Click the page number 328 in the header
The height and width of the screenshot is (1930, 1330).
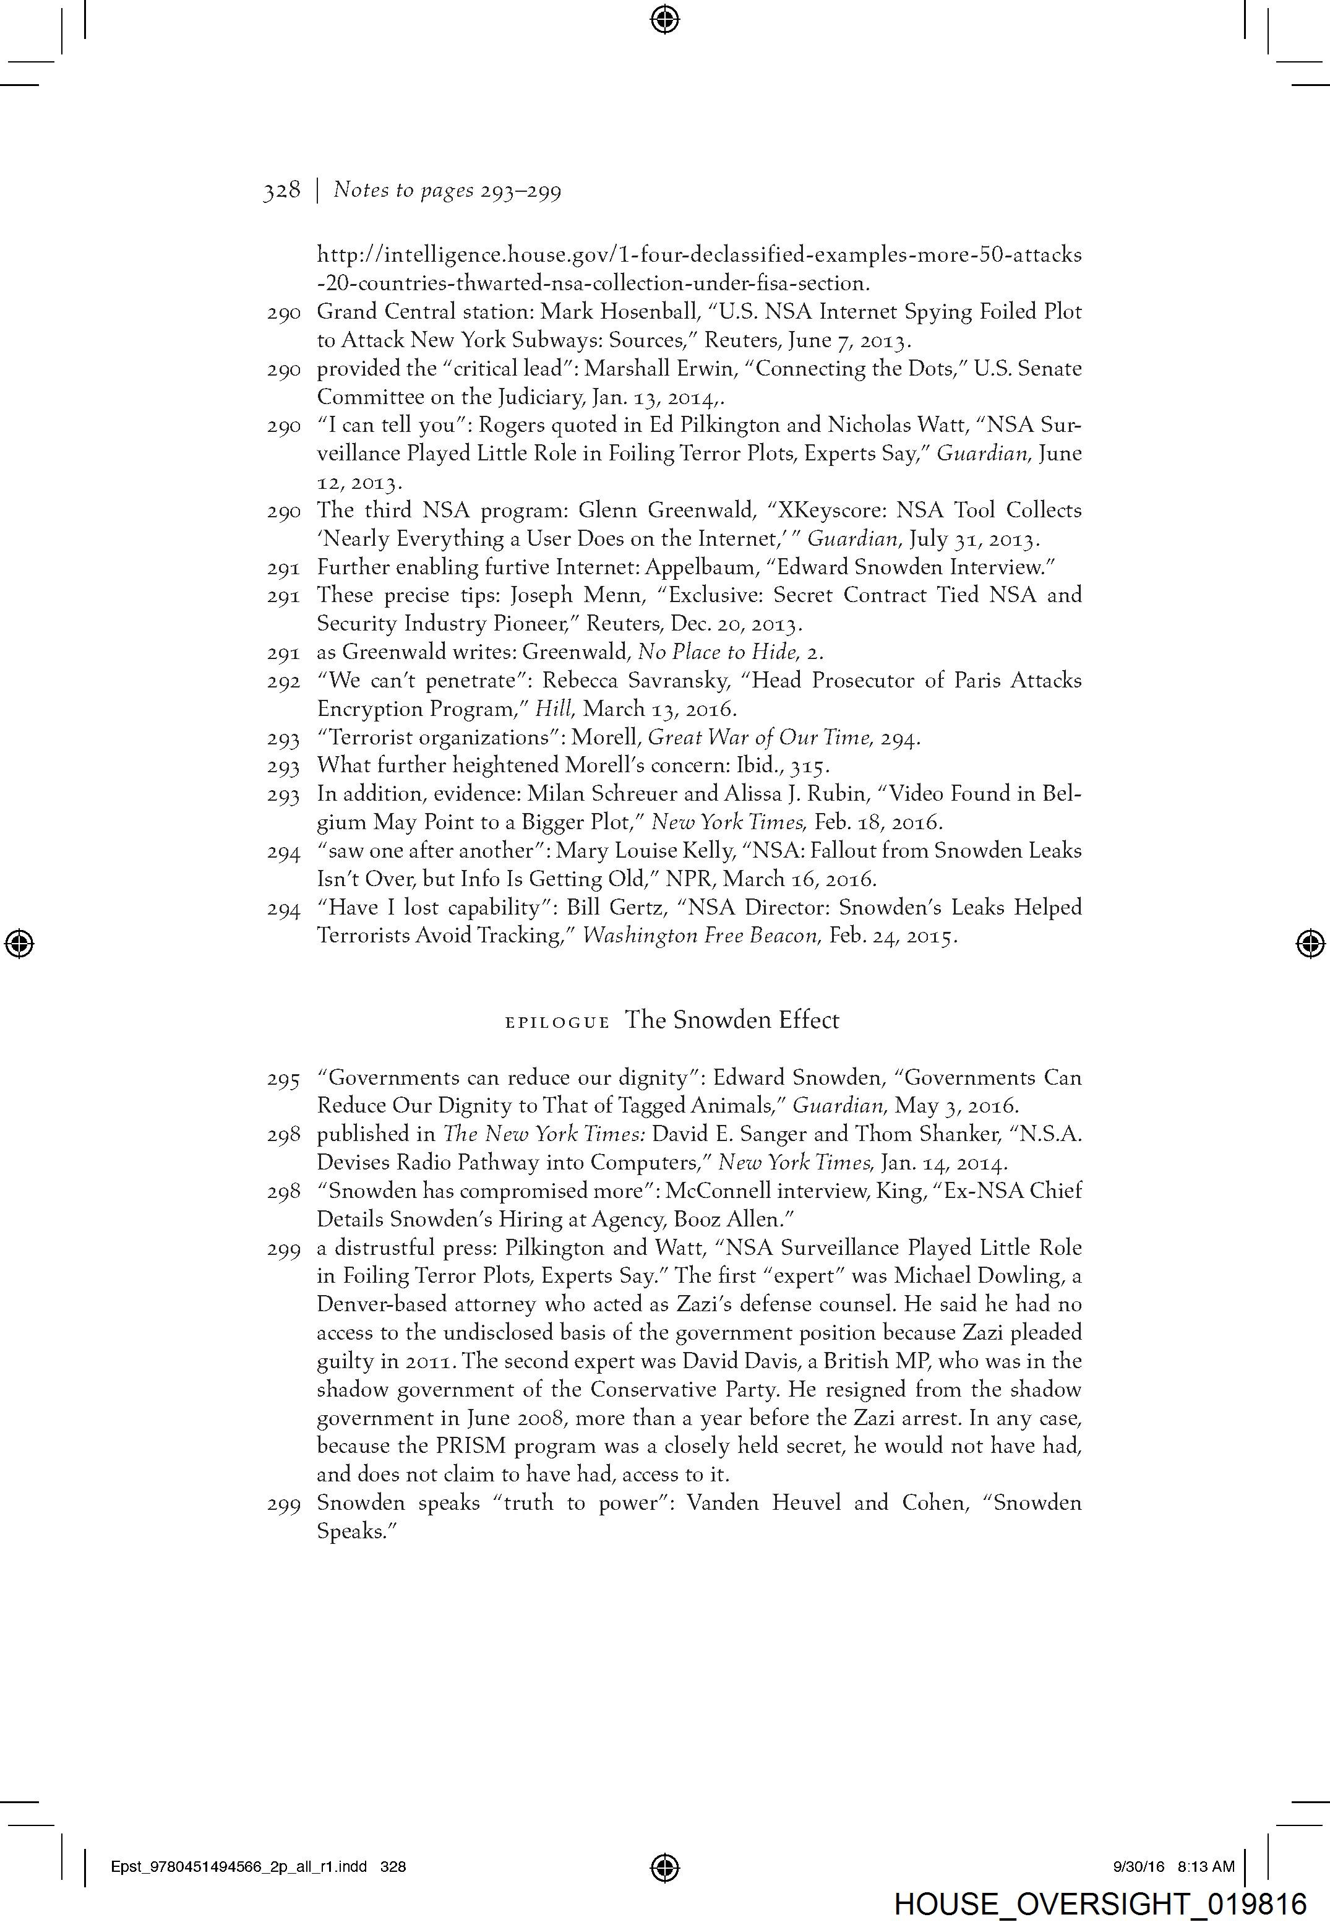(x=281, y=191)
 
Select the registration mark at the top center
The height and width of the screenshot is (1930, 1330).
(x=664, y=19)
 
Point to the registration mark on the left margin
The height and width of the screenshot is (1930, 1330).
(x=19, y=943)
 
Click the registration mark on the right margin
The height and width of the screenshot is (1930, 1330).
(x=1310, y=943)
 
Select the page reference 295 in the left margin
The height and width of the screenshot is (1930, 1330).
(x=283, y=1079)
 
